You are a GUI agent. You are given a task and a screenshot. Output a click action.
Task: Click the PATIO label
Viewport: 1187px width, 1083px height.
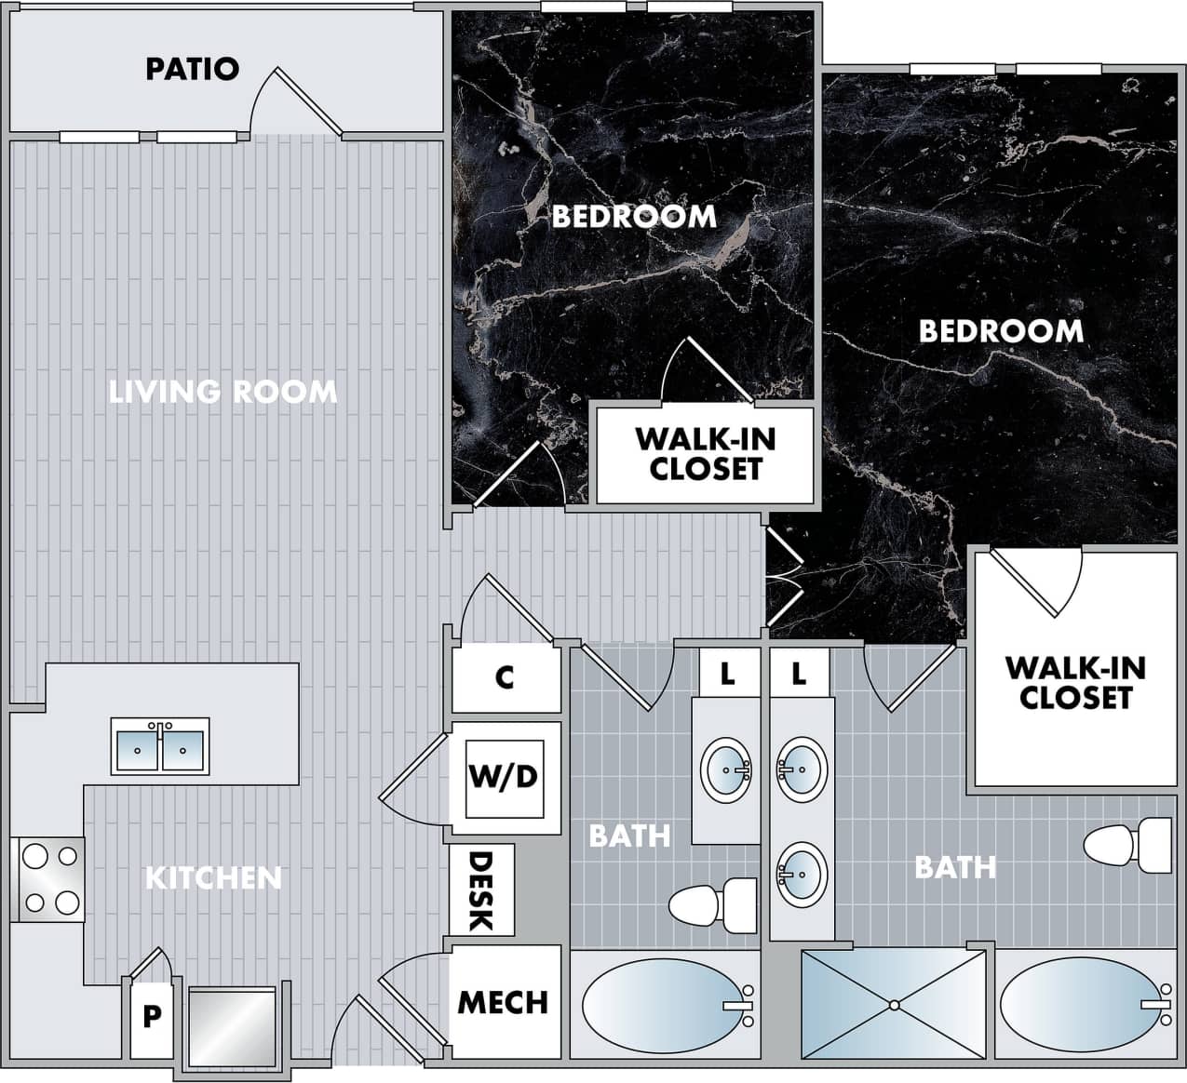[193, 69]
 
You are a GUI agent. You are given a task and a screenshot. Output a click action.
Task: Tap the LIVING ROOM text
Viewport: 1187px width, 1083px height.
[223, 392]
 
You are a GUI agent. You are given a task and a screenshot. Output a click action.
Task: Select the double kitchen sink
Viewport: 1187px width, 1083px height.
[160, 746]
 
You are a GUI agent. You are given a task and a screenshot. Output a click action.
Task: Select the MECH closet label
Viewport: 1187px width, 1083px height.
[503, 1002]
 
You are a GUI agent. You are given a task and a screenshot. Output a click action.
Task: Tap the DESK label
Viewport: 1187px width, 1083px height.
[480, 891]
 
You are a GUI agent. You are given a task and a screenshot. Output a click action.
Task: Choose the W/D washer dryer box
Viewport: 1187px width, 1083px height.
[504, 776]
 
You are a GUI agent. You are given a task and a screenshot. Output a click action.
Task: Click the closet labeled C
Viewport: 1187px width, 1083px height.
[505, 677]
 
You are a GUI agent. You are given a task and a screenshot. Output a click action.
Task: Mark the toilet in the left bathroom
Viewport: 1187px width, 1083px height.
[713, 905]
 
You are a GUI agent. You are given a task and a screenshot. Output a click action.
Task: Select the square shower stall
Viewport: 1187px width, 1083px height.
[893, 1004]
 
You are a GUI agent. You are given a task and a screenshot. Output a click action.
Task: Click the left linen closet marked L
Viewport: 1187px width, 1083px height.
[727, 673]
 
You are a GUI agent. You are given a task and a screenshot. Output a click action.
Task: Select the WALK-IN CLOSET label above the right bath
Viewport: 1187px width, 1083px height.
[1075, 682]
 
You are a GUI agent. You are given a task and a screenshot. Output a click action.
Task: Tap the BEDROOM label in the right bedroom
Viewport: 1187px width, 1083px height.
[1001, 331]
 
